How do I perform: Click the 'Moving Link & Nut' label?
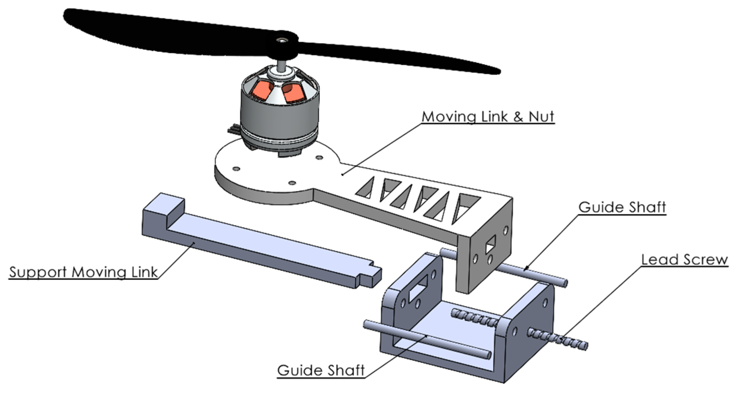click(x=488, y=117)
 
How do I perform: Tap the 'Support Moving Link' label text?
click(x=83, y=272)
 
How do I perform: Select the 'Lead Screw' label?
click(x=684, y=260)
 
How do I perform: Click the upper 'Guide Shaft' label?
click(x=622, y=207)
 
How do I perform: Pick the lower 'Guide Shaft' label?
click(x=321, y=370)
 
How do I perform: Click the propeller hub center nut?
click(x=282, y=40)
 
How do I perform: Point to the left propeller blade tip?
click(x=69, y=15)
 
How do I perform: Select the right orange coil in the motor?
click(x=293, y=93)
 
